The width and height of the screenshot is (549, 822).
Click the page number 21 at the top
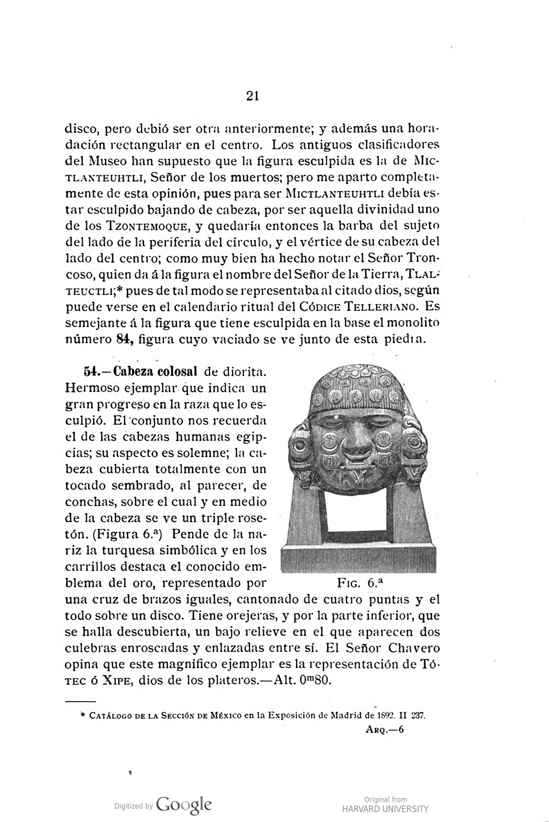point(252,96)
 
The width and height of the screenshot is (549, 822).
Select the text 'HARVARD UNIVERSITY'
point(385,809)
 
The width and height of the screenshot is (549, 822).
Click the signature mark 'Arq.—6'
point(384,729)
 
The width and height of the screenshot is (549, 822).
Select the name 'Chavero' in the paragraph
point(412,648)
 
